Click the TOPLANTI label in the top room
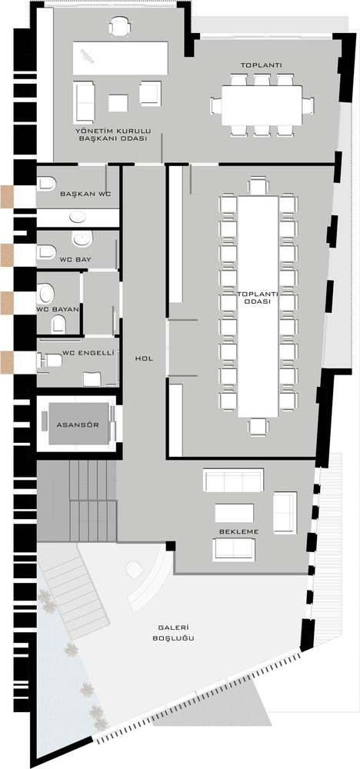coord(255,65)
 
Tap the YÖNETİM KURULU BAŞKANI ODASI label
coord(113,135)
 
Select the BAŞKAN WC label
coord(86,194)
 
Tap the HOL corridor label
coord(144,358)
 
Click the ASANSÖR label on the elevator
coord(78,424)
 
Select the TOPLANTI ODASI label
coord(258,298)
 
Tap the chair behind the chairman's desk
coord(120,26)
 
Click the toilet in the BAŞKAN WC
coord(46,184)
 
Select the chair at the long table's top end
coord(258,185)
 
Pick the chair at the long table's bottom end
coord(258,427)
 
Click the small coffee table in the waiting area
coord(235,512)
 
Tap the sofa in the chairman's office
coord(84,102)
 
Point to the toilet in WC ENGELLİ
coord(49,360)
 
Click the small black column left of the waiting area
coord(170,545)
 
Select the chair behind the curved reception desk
coord(135,569)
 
